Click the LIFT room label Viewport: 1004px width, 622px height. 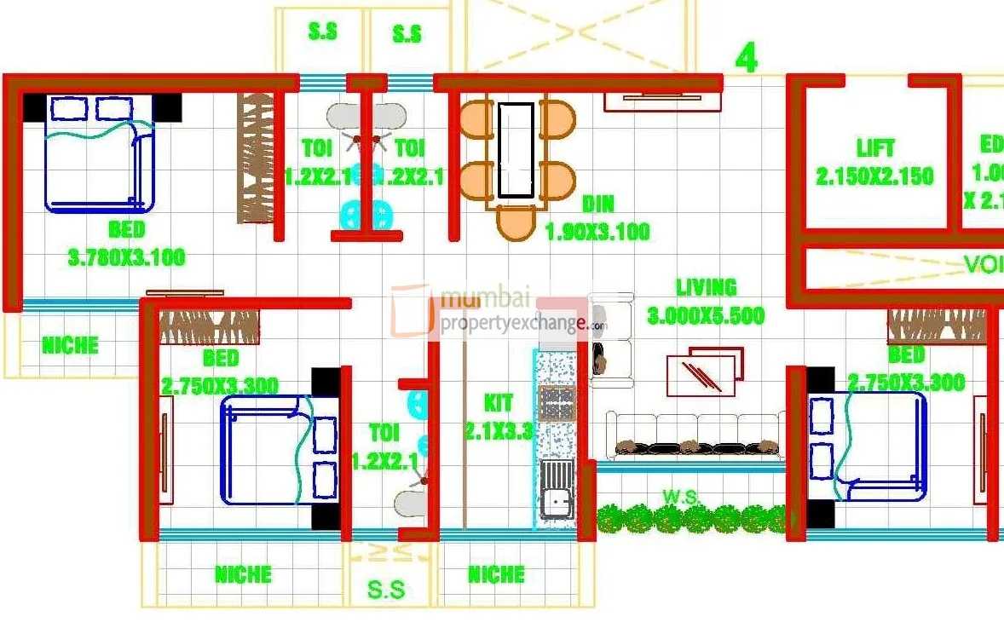(x=875, y=148)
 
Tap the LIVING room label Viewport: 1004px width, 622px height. (x=706, y=287)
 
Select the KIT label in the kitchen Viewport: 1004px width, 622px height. (x=499, y=402)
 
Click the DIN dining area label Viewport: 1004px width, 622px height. (x=598, y=204)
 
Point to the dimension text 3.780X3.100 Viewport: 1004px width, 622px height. (x=126, y=257)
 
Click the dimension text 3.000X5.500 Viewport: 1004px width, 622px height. (x=706, y=316)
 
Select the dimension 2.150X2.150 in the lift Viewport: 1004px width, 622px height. (x=875, y=177)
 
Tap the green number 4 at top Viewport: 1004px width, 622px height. (x=746, y=59)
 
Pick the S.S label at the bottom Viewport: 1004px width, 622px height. (x=386, y=590)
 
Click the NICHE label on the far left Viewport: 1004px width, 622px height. (x=70, y=346)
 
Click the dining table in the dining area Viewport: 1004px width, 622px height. (x=516, y=150)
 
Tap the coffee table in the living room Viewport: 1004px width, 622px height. (x=704, y=371)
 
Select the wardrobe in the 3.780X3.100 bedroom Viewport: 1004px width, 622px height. (x=255, y=158)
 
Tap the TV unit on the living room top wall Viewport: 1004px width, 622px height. (x=662, y=101)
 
